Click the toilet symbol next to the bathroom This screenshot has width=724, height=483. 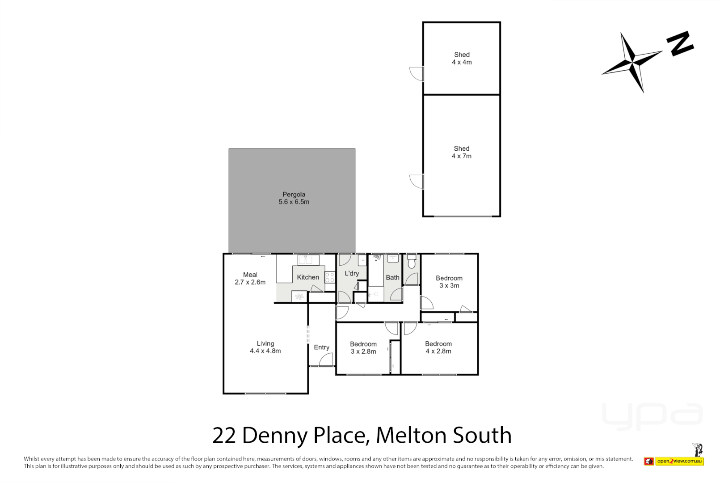412,262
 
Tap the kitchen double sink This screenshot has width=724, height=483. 308,260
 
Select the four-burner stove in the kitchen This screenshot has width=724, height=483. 330,277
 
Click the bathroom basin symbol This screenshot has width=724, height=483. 393,258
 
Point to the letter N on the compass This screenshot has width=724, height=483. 680,43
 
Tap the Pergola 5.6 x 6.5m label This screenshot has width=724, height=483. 294,198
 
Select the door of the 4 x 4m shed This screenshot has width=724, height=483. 417,74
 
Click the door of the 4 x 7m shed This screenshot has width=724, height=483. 417,181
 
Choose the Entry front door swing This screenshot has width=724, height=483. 327,360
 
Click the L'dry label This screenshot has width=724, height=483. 351,273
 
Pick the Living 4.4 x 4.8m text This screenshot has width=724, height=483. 265,347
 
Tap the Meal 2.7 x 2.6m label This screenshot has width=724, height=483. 250,278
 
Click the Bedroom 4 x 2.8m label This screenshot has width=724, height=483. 438,347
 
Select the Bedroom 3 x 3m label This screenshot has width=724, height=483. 449,282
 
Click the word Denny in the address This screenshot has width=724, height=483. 275,435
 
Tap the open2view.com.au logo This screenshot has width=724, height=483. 679,461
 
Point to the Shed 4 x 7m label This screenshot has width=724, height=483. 461,152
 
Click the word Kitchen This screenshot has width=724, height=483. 308,277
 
